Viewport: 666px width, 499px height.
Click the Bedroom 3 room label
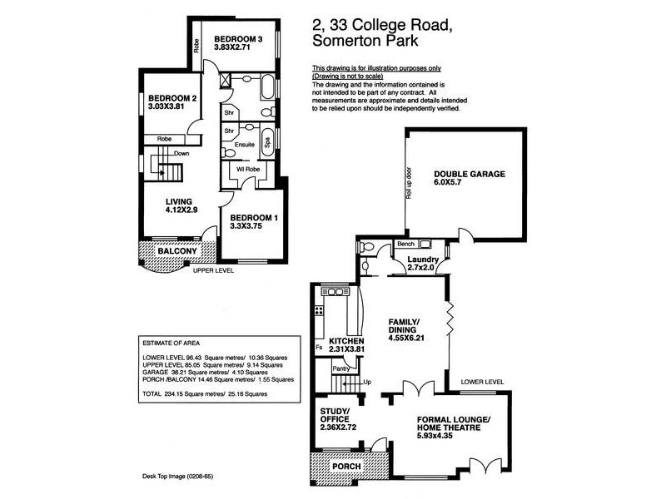tap(238, 39)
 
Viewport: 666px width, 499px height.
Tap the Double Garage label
tap(470, 174)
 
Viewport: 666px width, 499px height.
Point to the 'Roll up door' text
tap(409, 183)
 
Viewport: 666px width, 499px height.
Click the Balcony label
tap(177, 251)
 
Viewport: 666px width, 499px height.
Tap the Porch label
tap(346, 467)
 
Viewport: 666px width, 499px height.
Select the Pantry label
tap(341, 368)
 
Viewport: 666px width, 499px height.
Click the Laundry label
tap(423, 259)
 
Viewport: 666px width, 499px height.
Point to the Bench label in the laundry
tap(405, 244)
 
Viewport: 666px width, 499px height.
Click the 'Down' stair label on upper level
tap(181, 154)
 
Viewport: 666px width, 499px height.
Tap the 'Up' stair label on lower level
tap(367, 382)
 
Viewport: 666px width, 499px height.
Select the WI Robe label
tap(248, 170)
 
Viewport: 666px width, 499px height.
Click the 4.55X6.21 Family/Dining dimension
tap(406, 338)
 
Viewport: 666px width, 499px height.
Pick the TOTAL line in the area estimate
tap(205, 393)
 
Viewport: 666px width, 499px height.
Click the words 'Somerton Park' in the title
tap(365, 41)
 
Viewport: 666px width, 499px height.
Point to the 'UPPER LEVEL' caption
tap(213, 271)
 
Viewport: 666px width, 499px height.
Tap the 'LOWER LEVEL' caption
tap(483, 382)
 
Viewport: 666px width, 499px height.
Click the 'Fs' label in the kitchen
tap(319, 348)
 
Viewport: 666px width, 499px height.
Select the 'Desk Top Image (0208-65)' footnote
tap(177, 476)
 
